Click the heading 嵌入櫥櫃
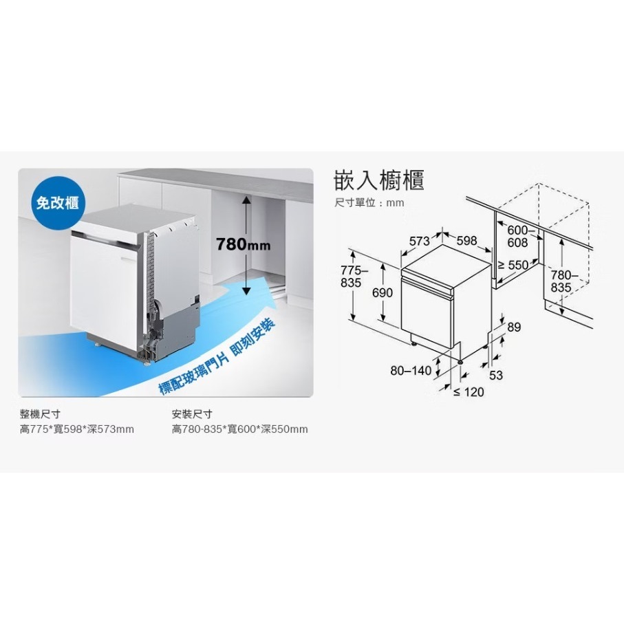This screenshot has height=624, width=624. (x=378, y=180)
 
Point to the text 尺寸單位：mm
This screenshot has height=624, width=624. (x=369, y=203)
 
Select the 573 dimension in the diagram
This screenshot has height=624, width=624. (x=420, y=241)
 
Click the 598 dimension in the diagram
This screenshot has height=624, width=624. (x=466, y=241)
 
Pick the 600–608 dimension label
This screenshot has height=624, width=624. (x=517, y=237)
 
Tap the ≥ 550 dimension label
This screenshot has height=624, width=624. (x=513, y=265)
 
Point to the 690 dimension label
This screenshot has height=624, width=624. (x=382, y=293)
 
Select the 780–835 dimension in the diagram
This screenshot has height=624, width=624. (x=561, y=281)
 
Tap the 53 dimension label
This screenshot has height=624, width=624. (x=495, y=375)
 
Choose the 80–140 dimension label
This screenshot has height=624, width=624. (x=411, y=371)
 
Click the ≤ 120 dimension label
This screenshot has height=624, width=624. (x=469, y=392)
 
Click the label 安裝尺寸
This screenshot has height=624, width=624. (x=192, y=414)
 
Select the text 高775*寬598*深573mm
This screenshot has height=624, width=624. (x=77, y=430)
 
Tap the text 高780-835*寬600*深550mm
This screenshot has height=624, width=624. (x=239, y=430)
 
